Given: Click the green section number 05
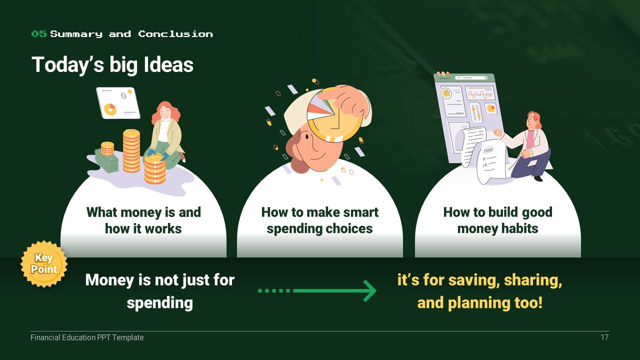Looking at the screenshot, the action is click(x=39, y=33).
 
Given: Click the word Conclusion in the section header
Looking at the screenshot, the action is click(x=175, y=34).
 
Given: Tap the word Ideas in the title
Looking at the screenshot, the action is click(x=168, y=64).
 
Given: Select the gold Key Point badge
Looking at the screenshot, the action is click(x=44, y=263).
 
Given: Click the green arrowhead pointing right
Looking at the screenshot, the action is click(x=370, y=291).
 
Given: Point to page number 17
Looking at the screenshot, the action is click(x=604, y=337).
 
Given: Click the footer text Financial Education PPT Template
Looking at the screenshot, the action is click(x=87, y=337).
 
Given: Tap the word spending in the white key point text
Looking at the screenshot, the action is click(x=159, y=303).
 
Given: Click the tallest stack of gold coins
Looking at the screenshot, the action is click(x=131, y=151).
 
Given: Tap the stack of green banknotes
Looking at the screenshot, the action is click(x=106, y=161).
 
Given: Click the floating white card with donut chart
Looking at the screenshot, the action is click(x=118, y=102).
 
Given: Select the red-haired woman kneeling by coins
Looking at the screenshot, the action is click(x=165, y=134).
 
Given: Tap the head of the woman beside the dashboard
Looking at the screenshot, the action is click(x=533, y=120).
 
